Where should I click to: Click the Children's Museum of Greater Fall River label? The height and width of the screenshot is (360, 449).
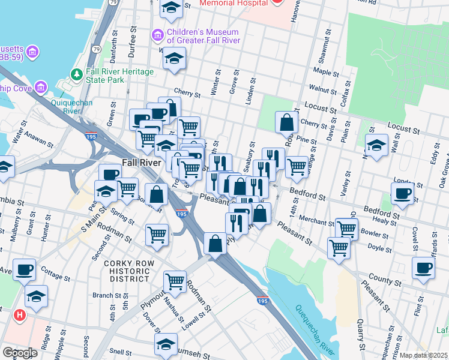pos(203,36)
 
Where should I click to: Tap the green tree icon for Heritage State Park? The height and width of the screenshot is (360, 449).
pos(76,75)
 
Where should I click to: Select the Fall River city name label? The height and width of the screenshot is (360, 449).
pos(142,163)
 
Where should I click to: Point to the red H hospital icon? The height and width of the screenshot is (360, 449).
pos(20,314)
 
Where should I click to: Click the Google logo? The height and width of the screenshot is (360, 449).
pos(20,352)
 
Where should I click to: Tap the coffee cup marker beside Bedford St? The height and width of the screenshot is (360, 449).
pos(402,194)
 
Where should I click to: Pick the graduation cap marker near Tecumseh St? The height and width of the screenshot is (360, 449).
pos(166,344)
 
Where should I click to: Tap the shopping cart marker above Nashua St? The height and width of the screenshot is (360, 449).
pos(175,280)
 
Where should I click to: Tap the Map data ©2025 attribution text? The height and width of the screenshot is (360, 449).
pos(423,355)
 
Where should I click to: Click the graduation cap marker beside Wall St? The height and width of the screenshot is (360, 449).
pos(376,146)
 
